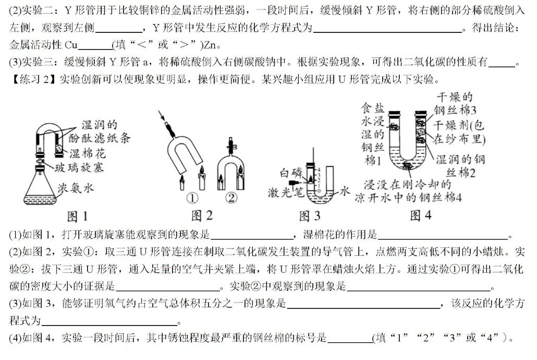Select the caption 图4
(x=421, y=215)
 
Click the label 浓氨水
(x=76, y=188)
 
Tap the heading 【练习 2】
(x=32, y=79)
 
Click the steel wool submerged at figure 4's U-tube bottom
(x=408, y=166)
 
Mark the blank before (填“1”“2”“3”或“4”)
(x=349, y=339)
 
